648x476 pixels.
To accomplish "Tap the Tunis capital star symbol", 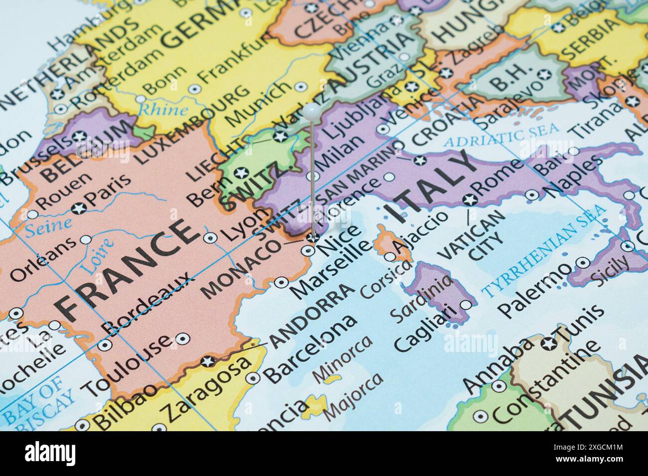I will [551, 343].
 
